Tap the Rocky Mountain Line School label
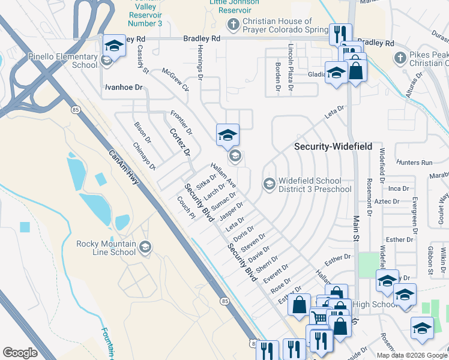106,248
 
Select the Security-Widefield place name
333,146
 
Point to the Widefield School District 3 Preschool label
315,185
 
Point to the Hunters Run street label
414,163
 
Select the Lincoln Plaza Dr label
291,66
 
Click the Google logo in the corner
20,353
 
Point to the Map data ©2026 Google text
411,355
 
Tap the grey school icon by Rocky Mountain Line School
145,247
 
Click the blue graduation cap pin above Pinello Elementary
113,44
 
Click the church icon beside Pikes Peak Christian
400,58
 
